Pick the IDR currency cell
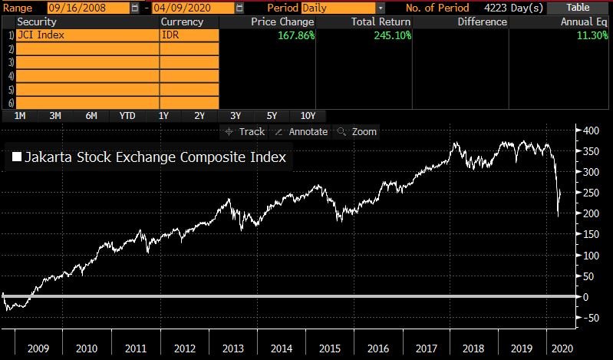tap(189, 35)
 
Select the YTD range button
tap(127, 116)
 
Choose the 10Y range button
tap(308, 116)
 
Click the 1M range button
tap(20, 116)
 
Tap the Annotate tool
tap(302, 132)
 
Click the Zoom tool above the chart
tap(358, 132)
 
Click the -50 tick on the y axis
tap(591, 318)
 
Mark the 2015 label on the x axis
tap(329, 348)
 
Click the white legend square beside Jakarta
tap(17, 158)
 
